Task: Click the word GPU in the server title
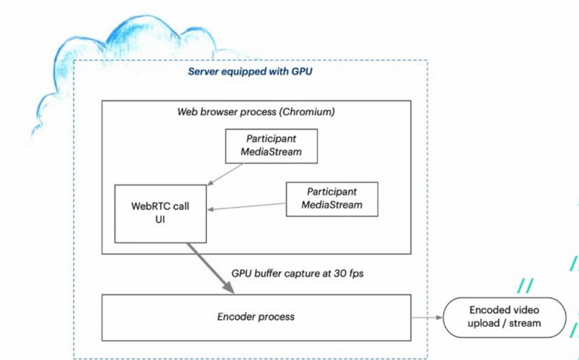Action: (302, 72)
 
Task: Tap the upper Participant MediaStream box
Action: (271, 145)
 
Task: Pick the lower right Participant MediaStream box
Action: (332, 199)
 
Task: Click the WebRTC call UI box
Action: (161, 213)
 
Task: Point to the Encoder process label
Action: (256, 317)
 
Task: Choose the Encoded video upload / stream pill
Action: (504, 317)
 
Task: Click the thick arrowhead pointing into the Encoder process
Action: (228, 288)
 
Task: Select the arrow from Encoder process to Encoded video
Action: (427, 317)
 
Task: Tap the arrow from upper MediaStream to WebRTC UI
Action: (225, 174)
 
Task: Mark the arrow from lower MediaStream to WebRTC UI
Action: (247, 207)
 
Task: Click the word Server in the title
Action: (202, 72)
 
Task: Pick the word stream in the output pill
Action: (526, 323)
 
